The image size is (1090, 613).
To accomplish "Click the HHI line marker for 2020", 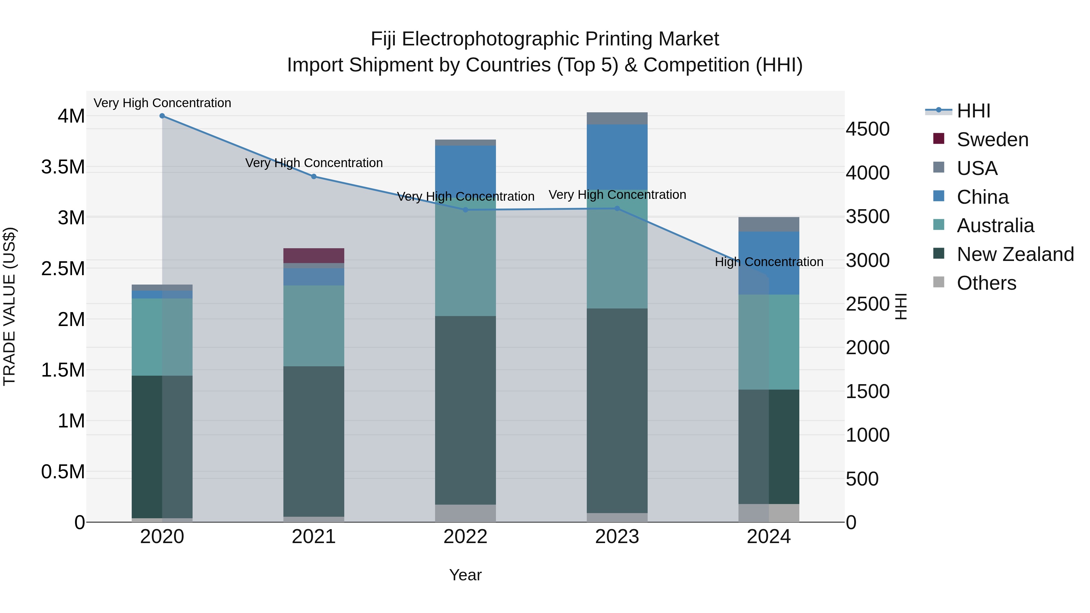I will coord(162,116).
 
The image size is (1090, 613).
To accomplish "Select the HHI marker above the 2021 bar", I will coord(314,176).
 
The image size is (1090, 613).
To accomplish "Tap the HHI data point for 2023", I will coord(617,209).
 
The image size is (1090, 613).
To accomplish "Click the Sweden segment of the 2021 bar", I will coord(314,255).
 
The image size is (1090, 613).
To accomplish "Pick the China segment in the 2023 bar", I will coord(617,157).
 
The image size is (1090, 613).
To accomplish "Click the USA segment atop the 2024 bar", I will coord(768,224).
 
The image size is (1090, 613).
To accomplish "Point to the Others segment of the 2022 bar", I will coord(465,513).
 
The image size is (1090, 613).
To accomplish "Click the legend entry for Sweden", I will coord(992,140).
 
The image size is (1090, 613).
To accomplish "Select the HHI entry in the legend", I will coord(973,111).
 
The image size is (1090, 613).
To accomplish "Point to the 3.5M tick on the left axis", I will coord(63,167).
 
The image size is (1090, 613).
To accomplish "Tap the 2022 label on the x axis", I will coord(465,537).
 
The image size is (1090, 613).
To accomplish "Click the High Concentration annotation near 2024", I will coord(769,262).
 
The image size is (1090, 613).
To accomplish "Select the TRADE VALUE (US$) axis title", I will coord(9,306).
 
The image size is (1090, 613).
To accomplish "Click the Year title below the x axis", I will coord(465,575).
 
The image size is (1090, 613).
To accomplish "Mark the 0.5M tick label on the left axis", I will coord(63,472).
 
